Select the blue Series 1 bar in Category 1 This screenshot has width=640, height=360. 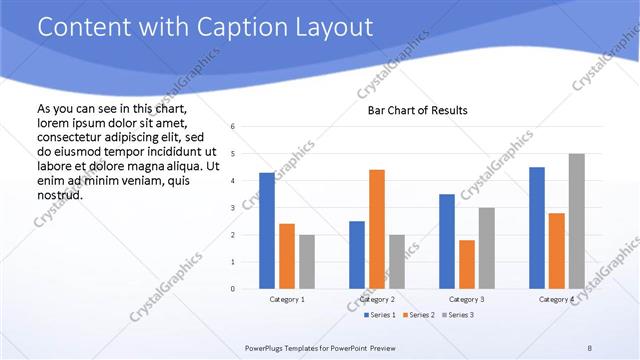pyautogui.click(x=266, y=231)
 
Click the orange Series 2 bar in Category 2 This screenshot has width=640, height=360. pyautogui.click(x=377, y=229)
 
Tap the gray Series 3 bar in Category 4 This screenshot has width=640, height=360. pyautogui.click(x=577, y=221)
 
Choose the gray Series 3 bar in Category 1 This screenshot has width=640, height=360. pyautogui.click(x=306, y=262)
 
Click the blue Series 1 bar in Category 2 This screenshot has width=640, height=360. pyautogui.click(x=357, y=255)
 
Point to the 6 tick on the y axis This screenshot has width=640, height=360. pyautogui.click(x=232, y=127)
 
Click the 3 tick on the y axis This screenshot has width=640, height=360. pyautogui.click(x=232, y=208)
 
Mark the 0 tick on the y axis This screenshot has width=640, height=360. pyautogui.click(x=232, y=289)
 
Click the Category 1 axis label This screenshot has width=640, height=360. pyautogui.click(x=287, y=299)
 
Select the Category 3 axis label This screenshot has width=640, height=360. pyautogui.click(x=467, y=299)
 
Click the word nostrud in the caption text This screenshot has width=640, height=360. pyautogui.click(x=59, y=195)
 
